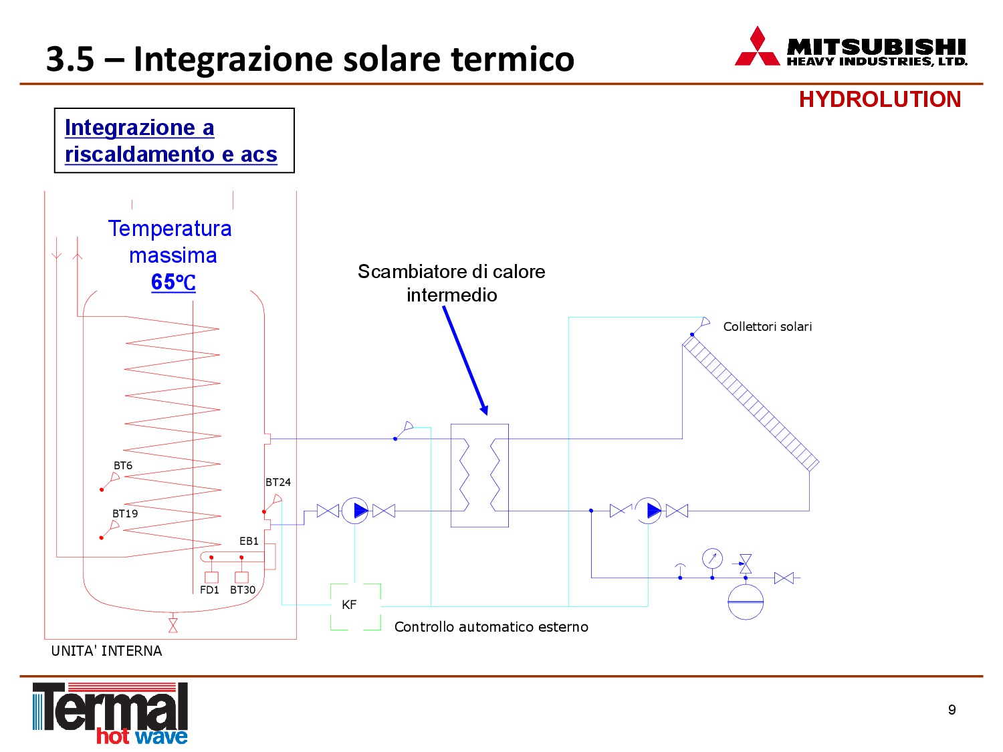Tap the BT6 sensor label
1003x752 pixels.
[x=123, y=465]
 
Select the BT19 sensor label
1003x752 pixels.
[x=125, y=513]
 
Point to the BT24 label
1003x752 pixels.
[x=277, y=482]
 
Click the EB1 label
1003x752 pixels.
[x=249, y=541]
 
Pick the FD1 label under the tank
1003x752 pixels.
[x=209, y=590]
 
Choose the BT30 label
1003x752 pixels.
[x=243, y=590]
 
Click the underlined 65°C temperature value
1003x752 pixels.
[x=173, y=281]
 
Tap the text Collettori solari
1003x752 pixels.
[x=767, y=326]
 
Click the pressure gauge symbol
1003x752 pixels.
[x=712, y=558]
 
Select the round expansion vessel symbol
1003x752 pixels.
[x=746, y=602]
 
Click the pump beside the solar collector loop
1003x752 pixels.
[x=648, y=511]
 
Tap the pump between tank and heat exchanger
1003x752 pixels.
[x=355, y=511]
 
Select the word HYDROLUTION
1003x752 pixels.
[x=879, y=100]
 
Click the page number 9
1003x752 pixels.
[x=952, y=709]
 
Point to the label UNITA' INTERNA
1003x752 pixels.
[x=106, y=650]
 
